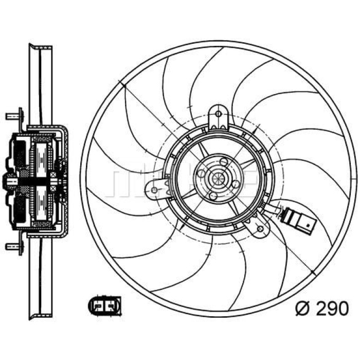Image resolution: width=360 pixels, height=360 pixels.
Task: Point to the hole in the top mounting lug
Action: [219, 114]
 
